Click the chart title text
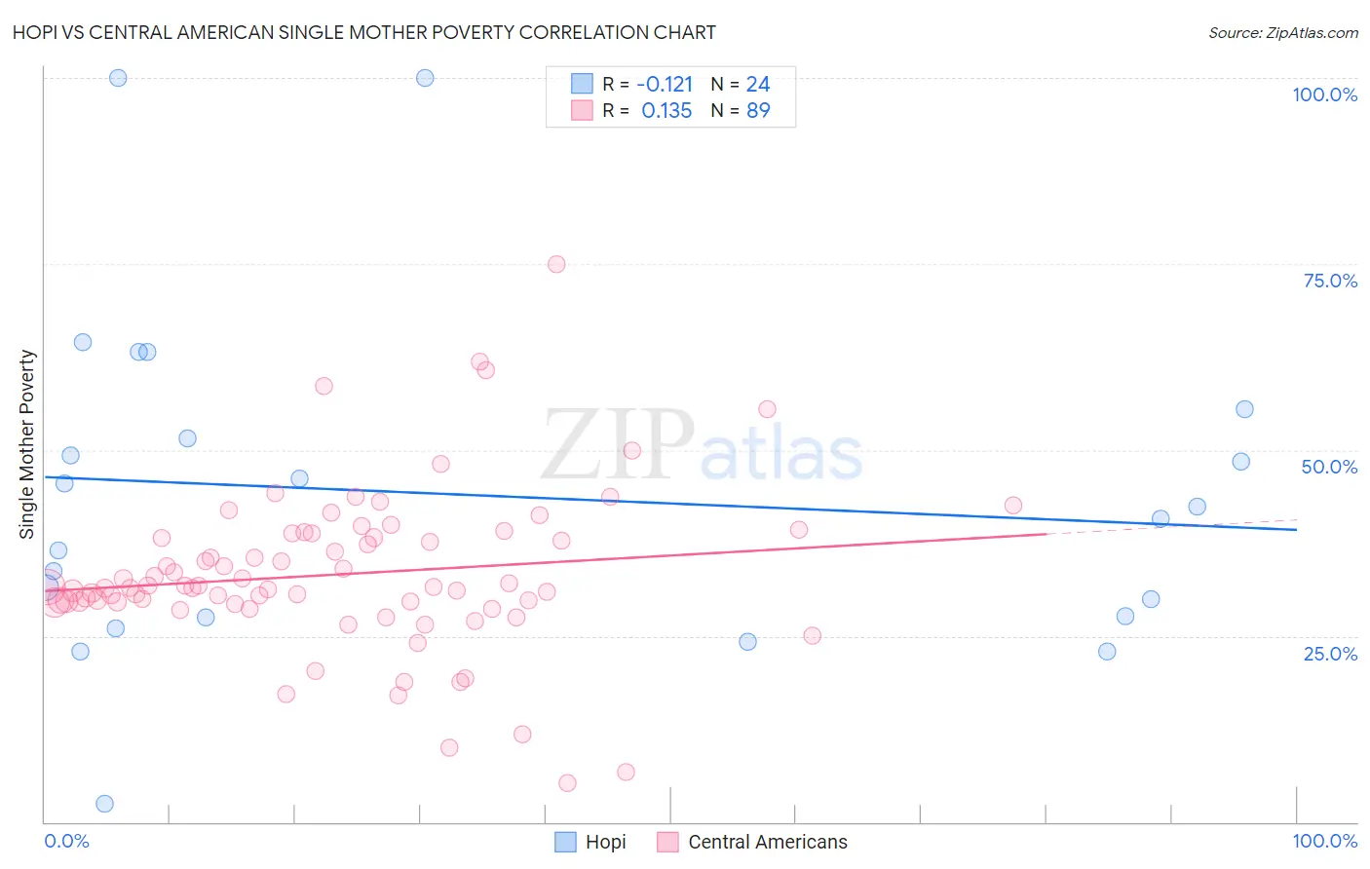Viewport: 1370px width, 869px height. pos(363,32)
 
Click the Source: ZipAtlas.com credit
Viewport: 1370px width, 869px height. pos(1282,32)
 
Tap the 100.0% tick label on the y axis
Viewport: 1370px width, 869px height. pos(1324,94)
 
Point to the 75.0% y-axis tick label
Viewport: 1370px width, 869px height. pos(1330,281)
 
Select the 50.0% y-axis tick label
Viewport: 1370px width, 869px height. pos(1329,467)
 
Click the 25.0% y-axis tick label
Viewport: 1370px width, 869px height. pos(1330,653)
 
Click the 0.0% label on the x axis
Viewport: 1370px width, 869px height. pos(66,841)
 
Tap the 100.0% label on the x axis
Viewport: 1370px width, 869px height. pos(1324,841)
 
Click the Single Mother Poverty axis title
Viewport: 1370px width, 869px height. pos(27,444)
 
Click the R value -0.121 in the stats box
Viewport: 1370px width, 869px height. pos(665,84)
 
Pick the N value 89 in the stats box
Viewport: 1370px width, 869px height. pos(758,111)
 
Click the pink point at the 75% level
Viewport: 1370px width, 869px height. pos(556,264)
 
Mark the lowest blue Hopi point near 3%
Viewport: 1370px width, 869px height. pos(104,804)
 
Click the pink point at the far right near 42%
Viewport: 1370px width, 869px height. pos(1013,505)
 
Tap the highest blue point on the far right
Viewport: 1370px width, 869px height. pos(1244,409)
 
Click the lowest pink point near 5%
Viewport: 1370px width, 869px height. pos(567,783)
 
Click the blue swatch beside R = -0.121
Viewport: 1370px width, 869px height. pos(582,84)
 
